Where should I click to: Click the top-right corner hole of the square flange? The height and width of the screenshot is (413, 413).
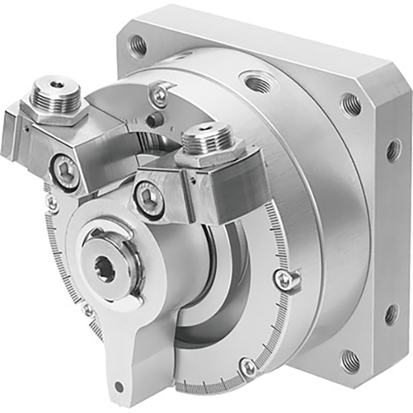tap(351, 103)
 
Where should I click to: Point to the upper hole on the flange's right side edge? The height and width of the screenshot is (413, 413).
tap(393, 149)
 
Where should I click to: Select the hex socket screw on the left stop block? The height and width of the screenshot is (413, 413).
tap(67, 171)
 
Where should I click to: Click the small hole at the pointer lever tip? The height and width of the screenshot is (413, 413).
tap(119, 386)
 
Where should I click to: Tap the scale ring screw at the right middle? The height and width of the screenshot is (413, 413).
tap(282, 278)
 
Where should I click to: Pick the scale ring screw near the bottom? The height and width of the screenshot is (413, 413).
tap(248, 367)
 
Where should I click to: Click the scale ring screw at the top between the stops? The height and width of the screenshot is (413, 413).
tap(161, 96)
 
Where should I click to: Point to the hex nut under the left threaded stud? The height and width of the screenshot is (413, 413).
tap(55, 112)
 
